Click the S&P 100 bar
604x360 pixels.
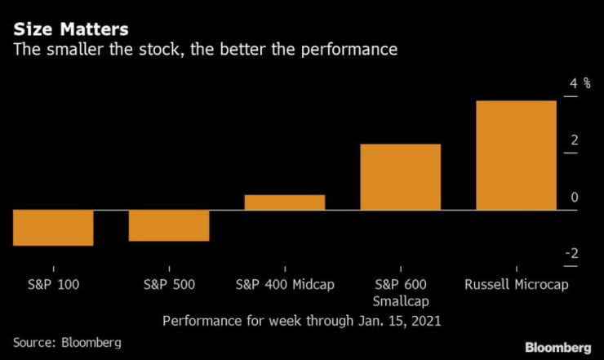click(x=53, y=228)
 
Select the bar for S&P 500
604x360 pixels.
click(x=169, y=226)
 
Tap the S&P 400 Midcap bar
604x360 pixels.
click(x=285, y=202)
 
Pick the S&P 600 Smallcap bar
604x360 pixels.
click(x=401, y=177)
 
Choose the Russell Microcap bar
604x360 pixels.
click(x=516, y=155)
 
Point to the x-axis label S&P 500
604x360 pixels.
click(x=169, y=285)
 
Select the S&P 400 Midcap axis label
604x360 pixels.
click(x=285, y=285)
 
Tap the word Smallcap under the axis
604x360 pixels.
click(x=401, y=302)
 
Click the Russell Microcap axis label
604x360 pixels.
click(x=516, y=285)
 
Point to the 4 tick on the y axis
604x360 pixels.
click(x=574, y=84)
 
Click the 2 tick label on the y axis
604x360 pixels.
click(x=574, y=140)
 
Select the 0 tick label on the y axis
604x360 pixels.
click(x=574, y=198)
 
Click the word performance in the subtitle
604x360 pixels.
click(x=351, y=50)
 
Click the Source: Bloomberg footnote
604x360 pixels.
click(x=67, y=342)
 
